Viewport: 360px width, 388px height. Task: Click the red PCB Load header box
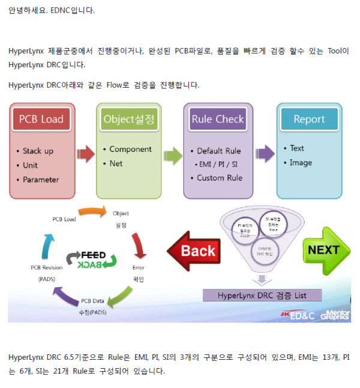41,119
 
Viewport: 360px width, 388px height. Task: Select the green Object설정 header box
128,119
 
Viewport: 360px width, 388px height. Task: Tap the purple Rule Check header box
218,119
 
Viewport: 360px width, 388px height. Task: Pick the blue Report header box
309,119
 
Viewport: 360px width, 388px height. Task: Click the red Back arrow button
195,250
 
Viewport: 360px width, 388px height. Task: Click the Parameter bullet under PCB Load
41,180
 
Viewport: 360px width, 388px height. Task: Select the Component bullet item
130,149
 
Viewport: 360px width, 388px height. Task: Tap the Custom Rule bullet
220,178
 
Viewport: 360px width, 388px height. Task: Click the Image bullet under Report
301,163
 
